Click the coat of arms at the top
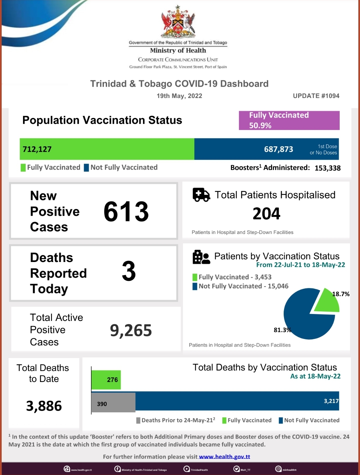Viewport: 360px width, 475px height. tap(178, 21)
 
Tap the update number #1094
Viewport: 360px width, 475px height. tap(316, 96)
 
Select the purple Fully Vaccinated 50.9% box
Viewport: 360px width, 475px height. tap(289, 120)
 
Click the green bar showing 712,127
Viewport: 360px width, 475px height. tap(107, 149)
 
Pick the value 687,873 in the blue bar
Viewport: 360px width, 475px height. tap(278, 149)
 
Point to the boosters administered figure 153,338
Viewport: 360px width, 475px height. tap(327, 168)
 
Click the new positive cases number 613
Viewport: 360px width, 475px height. tap(126, 212)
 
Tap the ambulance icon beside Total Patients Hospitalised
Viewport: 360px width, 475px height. tap(201, 195)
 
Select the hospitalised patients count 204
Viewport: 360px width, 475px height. tap(266, 214)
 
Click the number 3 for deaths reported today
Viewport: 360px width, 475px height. tap(129, 271)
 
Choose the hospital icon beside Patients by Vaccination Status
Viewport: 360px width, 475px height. tap(201, 257)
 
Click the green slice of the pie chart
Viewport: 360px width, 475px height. tap(327, 301)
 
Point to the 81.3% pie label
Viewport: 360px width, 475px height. tap(282, 330)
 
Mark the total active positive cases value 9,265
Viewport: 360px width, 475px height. tap(131, 330)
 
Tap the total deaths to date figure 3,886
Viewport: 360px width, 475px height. tap(44, 406)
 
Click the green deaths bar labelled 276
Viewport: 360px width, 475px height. tap(106, 380)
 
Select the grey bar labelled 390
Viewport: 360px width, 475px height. tap(113, 403)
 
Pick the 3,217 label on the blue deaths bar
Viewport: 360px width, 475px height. tap(331, 401)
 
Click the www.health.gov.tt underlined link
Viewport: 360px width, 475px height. tap(224, 457)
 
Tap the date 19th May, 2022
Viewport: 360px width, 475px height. tap(179, 96)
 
